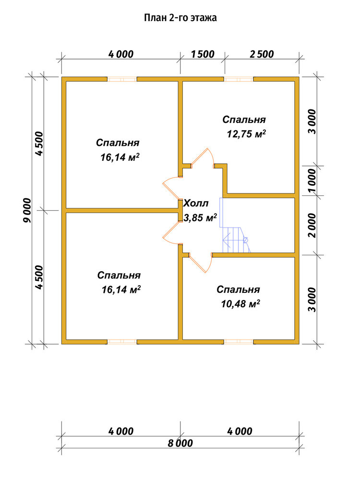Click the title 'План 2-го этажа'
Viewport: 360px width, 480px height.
point(180,18)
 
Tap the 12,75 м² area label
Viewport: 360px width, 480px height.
point(246,134)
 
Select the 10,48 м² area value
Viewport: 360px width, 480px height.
point(240,304)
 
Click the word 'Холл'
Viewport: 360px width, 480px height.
point(196,203)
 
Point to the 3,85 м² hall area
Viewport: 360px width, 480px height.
point(200,217)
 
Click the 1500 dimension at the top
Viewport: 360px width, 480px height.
point(203,54)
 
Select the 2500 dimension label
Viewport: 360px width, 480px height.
point(262,54)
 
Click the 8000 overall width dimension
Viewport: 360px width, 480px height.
point(180,443)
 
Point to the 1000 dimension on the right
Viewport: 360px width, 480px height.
point(312,180)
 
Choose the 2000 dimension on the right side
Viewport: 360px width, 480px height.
point(312,225)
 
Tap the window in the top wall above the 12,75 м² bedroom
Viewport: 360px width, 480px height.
point(239,79)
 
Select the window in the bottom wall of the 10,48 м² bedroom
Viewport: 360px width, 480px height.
point(239,342)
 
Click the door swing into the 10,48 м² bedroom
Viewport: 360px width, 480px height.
point(201,263)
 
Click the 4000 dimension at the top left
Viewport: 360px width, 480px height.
point(121,54)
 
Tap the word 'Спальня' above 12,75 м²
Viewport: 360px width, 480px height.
point(244,120)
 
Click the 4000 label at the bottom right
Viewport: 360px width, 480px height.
point(240,432)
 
